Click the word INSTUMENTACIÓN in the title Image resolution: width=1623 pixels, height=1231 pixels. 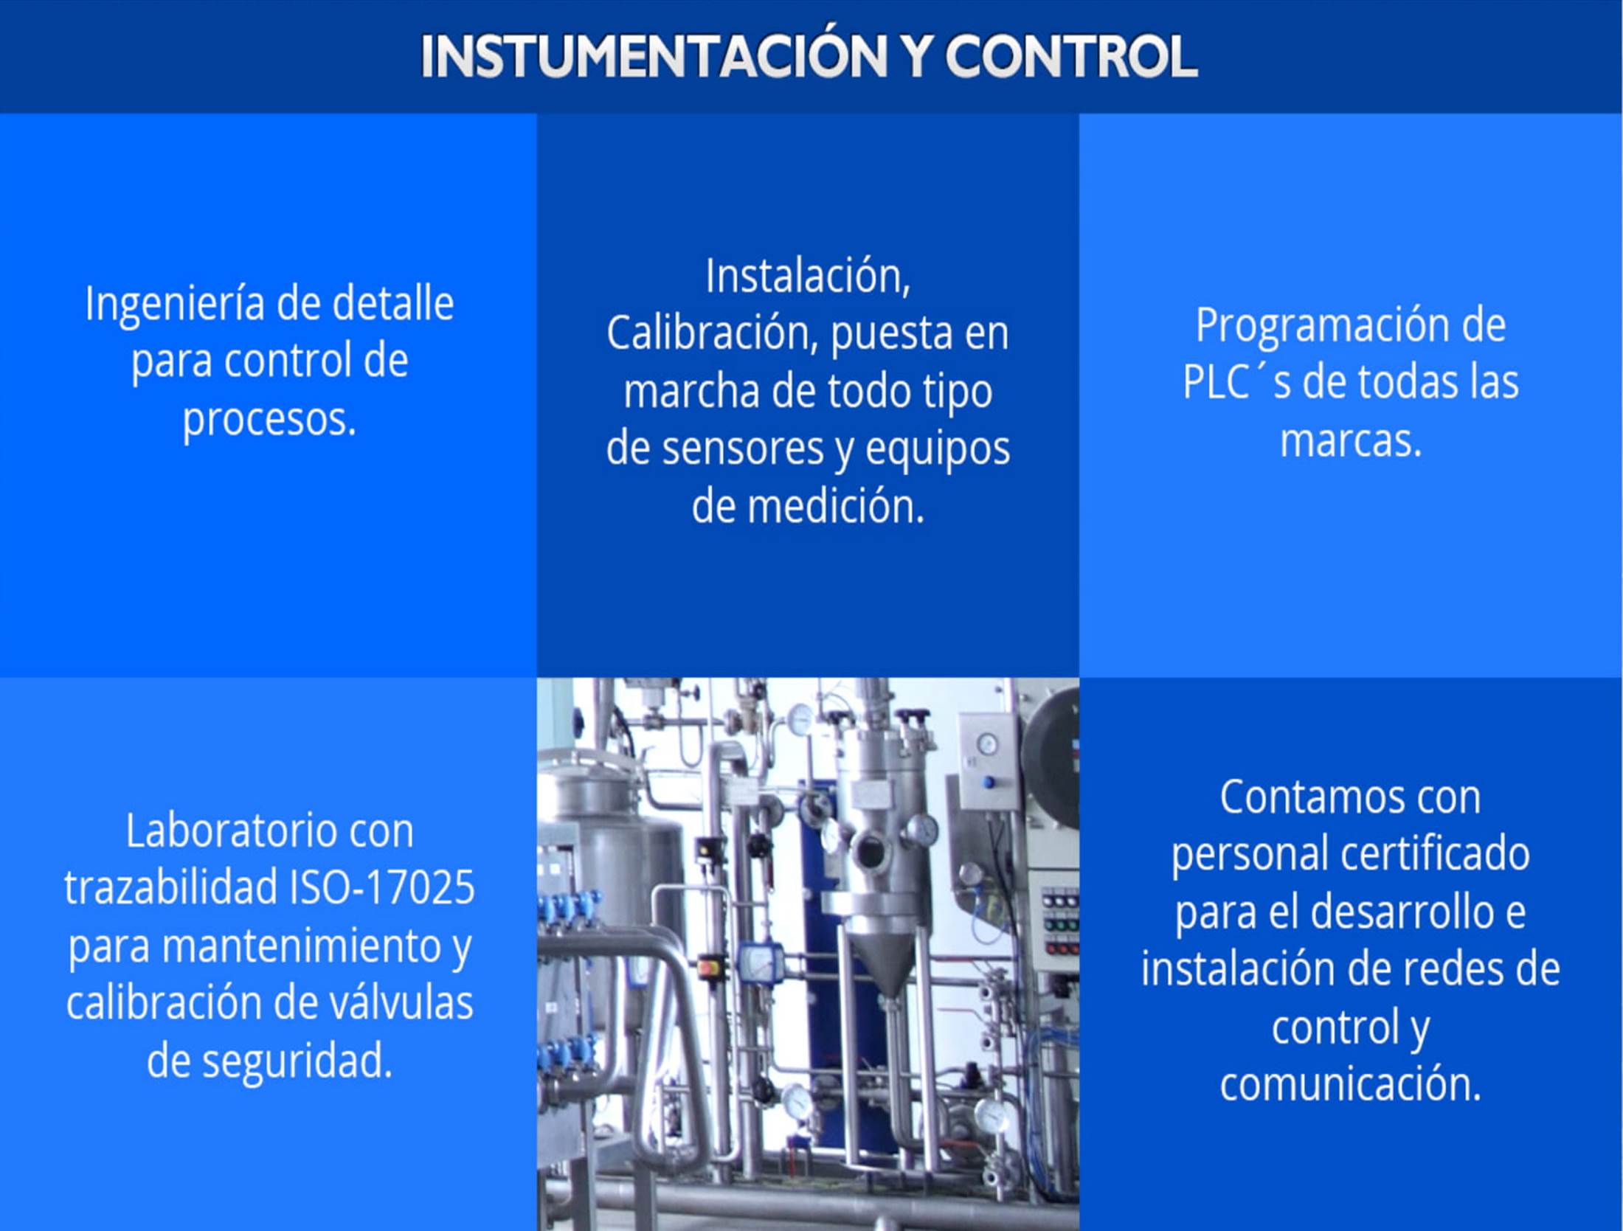(x=654, y=57)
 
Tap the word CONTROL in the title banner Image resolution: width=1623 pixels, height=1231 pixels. (x=1071, y=57)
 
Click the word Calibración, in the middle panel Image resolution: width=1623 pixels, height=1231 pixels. (x=713, y=333)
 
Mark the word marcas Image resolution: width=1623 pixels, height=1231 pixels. (x=1349, y=440)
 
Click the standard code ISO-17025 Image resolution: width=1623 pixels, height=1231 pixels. (x=382, y=887)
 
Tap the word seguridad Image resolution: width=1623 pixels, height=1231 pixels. (x=296, y=1061)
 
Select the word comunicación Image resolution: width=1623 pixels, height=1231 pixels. (x=1350, y=1084)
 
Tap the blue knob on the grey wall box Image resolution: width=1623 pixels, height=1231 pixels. (x=989, y=782)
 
